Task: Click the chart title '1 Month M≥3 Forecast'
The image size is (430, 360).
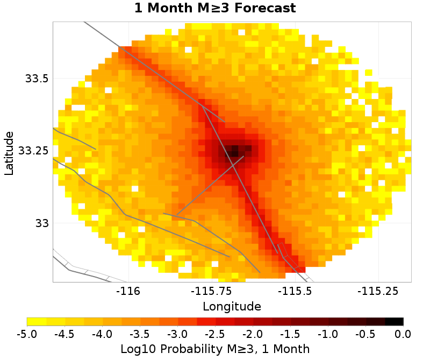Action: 215,9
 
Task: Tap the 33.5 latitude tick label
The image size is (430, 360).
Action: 37,79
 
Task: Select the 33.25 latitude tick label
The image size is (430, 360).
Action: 33,150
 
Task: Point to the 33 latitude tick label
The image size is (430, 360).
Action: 41,222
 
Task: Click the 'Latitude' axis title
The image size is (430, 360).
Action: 9,152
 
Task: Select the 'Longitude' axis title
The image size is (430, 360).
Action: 232,307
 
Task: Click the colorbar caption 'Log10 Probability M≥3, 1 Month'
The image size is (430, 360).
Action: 215,349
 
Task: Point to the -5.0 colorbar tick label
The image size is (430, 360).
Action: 27,334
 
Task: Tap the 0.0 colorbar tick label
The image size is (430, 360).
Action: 403,334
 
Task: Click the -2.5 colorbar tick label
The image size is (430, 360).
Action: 215,334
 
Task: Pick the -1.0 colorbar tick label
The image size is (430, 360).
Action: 328,334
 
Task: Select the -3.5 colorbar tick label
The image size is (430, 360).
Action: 140,334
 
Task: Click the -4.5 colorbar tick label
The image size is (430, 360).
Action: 64,334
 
